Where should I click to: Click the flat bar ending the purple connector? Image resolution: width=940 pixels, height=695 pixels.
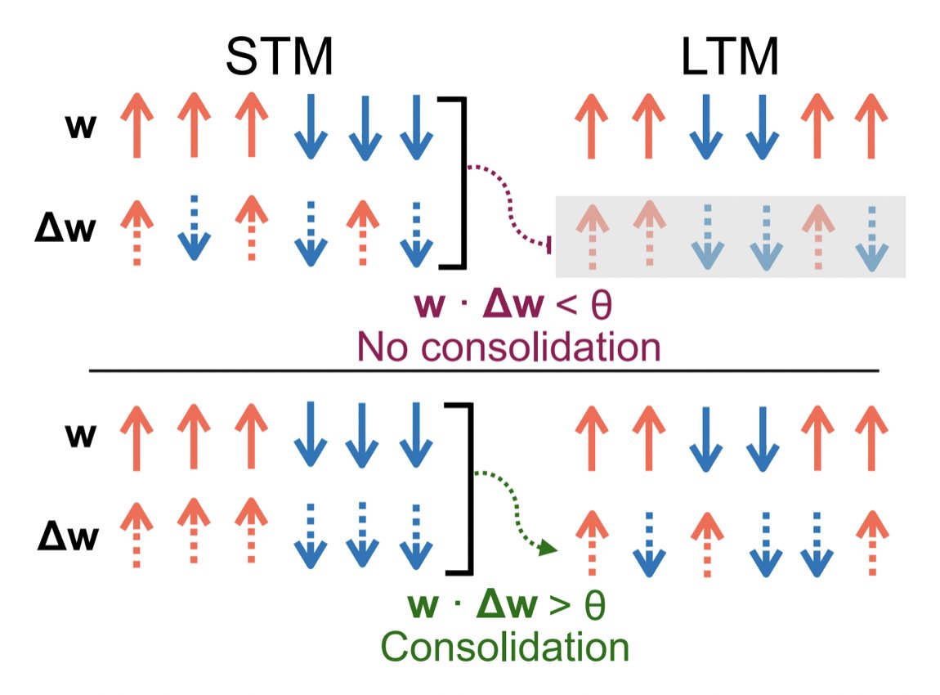tap(549, 244)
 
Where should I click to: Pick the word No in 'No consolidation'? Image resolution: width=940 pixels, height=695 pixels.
tap(378, 347)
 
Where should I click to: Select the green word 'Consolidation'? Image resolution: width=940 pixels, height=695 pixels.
tap(505, 647)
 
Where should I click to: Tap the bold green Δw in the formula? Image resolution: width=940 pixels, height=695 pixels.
tap(508, 608)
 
